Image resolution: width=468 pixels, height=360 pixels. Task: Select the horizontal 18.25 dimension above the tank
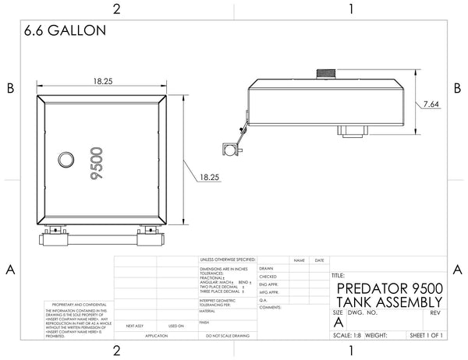coord(104,81)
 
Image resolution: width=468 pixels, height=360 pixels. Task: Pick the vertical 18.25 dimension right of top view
coord(208,177)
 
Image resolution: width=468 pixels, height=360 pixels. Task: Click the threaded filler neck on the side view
coord(326,75)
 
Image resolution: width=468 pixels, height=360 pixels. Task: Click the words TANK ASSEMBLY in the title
coord(388,302)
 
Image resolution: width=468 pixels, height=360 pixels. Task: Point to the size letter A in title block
coord(338,322)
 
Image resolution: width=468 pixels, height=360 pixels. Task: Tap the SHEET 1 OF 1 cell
coord(426,336)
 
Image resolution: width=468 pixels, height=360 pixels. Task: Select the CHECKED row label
coord(268,277)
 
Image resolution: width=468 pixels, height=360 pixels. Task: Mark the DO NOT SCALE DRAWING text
coord(227,336)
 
